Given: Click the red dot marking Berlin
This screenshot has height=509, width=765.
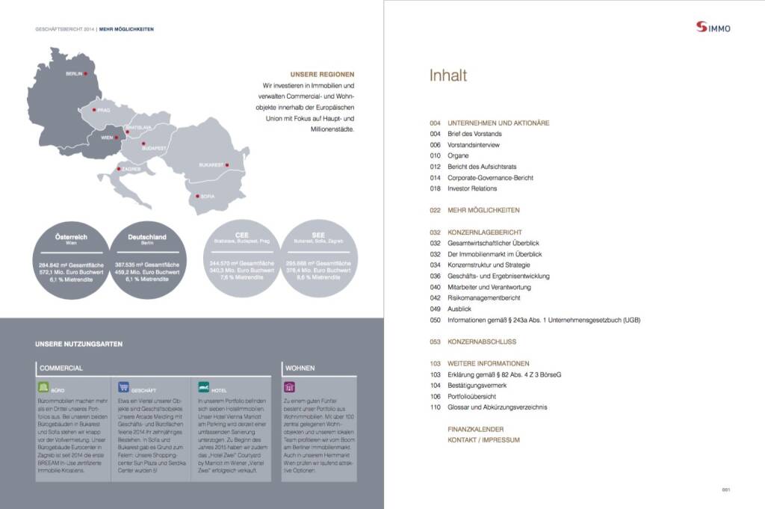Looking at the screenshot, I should coord(87,73).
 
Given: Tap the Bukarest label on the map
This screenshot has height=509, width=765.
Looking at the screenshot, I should coord(211,164).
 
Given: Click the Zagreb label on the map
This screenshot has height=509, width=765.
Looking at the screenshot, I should coord(131,169).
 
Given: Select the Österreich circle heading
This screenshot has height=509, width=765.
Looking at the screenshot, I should coord(72,237).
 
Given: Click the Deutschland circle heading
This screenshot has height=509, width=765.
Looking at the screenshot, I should coord(146,237).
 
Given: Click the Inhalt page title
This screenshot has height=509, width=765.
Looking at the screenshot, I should coord(447,75).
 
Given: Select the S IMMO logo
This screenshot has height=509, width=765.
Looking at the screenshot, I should coord(713,28).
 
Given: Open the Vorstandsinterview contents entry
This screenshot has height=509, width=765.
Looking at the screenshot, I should coord(473,144).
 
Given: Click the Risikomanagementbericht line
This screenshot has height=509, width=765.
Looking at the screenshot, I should coord(483,297).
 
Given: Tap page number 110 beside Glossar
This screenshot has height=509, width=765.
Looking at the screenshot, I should coord(436,407).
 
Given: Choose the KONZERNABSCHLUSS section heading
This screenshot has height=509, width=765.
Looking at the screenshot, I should coord(481,342).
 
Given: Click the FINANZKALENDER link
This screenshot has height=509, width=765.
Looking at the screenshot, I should coord(475,429).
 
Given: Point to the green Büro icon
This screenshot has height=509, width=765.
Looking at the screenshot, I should coord(44,387).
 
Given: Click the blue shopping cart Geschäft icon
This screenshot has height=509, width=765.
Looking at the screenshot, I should coord(124,387).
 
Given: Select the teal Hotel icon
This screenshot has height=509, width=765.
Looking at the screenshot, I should coord(204,387).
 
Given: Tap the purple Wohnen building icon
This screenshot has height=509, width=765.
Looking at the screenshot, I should coord(289,387).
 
